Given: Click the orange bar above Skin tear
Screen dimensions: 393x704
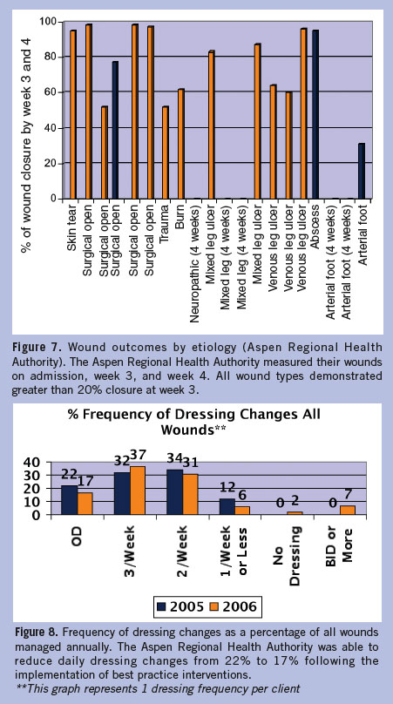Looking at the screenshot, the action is click(x=72, y=114).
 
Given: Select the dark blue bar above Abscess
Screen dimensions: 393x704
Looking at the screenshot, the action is click(x=315, y=114).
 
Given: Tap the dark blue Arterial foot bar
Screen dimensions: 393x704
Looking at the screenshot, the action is click(x=362, y=171).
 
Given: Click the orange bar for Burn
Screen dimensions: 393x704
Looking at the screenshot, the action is click(x=180, y=144).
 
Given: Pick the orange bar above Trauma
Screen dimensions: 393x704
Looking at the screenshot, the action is click(x=166, y=152).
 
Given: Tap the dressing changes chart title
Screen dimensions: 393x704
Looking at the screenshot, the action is click(x=194, y=422).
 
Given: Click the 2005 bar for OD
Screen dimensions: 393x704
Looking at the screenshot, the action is click(x=69, y=500).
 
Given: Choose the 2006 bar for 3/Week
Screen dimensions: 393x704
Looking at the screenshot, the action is click(x=138, y=491).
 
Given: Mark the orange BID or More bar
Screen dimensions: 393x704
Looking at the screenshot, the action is click(x=347, y=510).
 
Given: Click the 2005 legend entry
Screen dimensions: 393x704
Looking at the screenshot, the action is click(x=180, y=606).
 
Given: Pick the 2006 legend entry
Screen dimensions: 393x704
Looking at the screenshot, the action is click(x=234, y=606).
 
